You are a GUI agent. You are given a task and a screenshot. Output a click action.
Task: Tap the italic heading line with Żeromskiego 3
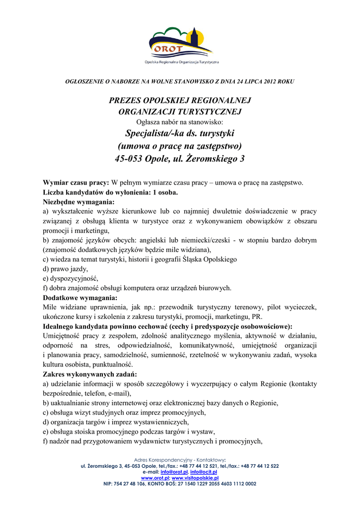click(x=180, y=159)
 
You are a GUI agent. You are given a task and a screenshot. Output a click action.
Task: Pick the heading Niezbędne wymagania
click(x=78, y=202)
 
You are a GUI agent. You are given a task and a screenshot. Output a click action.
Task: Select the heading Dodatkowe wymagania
click(x=80, y=298)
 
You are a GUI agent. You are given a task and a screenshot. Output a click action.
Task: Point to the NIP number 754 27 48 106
click(x=133, y=483)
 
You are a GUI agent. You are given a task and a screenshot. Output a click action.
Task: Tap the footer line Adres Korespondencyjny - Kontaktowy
click(x=180, y=460)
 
